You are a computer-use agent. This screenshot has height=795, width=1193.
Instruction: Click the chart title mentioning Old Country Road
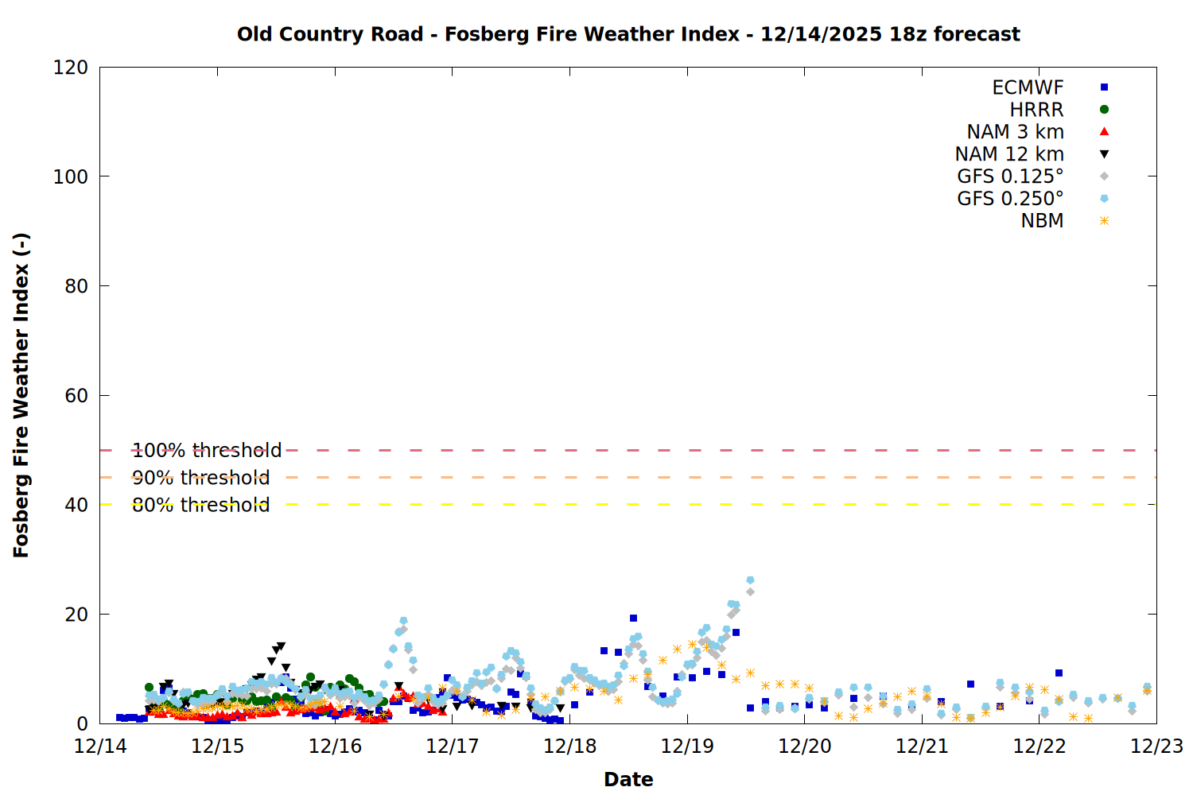(x=628, y=34)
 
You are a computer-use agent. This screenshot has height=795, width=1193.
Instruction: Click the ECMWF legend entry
(x=1028, y=87)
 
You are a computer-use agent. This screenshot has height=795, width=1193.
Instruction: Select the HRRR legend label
(x=1036, y=110)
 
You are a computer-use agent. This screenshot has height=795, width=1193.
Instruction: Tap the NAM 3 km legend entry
(x=1015, y=132)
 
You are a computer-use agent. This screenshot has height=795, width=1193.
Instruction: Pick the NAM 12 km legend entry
(x=1009, y=154)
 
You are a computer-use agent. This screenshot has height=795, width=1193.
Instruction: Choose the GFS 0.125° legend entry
(x=1010, y=176)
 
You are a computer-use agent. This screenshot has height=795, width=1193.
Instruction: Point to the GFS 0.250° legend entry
(x=1010, y=199)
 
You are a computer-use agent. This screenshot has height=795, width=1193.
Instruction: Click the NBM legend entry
(x=1042, y=221)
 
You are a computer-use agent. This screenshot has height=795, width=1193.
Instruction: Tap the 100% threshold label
(x=207, y=451)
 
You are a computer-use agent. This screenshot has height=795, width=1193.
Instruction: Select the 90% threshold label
(x=200, y=478)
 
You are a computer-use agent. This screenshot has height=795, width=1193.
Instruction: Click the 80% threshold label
(x=200, y=505)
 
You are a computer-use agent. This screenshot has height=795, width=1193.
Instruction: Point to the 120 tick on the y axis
(x=71, y=68)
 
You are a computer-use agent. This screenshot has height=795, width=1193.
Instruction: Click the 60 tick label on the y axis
(x=76, y=396)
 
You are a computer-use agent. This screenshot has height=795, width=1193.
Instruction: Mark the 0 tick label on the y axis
(x=83, y=724)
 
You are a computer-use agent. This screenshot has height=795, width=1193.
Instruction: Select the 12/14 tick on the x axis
(x=100, y=747)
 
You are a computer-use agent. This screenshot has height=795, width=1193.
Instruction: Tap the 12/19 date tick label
(x=687, y=747)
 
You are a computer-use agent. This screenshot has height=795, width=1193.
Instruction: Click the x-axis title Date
(x=628, y=779)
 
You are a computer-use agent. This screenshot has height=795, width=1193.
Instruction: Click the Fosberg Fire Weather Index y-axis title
(x=21, y=395)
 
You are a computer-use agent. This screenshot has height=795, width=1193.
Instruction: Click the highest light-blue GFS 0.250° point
(x=750, y=580)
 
